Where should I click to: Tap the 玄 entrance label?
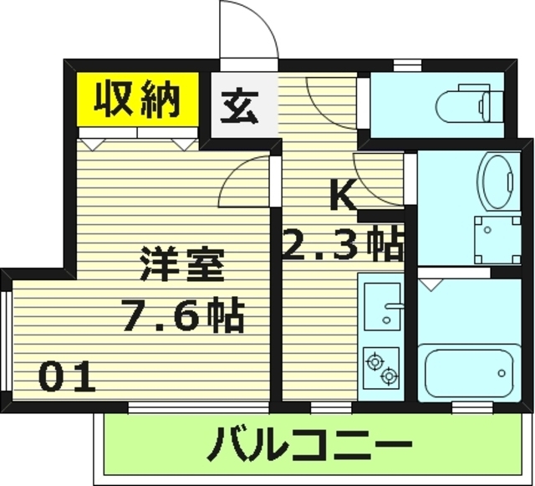240,106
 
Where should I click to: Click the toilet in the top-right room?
467,104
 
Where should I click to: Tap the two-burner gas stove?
381,369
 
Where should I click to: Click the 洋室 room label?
181,266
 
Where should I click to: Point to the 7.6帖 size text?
182,315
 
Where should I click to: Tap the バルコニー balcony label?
310,443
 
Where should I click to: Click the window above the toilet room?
407,64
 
